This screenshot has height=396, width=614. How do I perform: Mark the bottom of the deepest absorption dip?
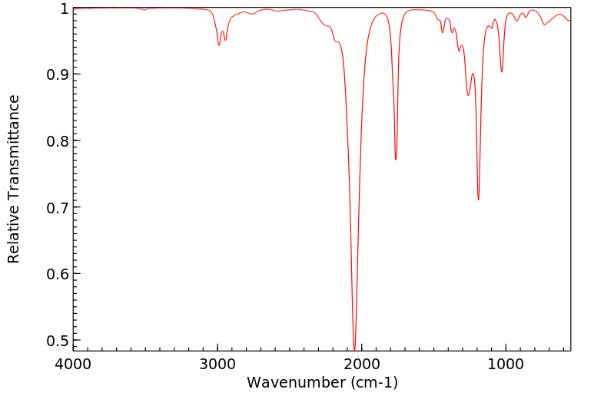pyautogui.click(x=354, y=349)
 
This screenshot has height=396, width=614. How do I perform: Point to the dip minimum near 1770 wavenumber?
pyautogui.click(x=396, y=159)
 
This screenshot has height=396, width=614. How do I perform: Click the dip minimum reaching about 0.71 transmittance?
pyautogui.click(x=478, y=200)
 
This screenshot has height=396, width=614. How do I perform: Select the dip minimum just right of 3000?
pyautogui.click(x=219, y=45)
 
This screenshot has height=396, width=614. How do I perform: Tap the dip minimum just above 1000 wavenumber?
pyautogui.click(x=502, y=72)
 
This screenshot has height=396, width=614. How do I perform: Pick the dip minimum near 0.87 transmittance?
pyautogui.click(x=468, y=95)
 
